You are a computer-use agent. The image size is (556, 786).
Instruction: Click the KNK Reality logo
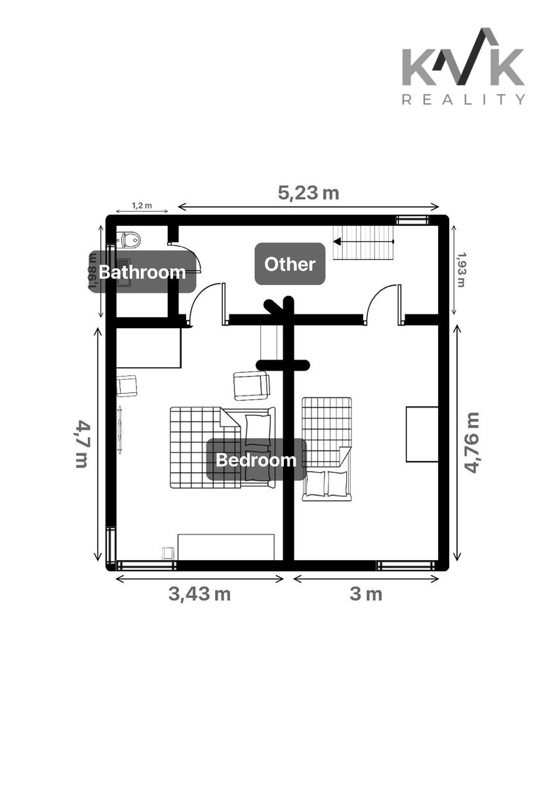tap(464, 66)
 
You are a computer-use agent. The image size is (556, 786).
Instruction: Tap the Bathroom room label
tap(142, 272)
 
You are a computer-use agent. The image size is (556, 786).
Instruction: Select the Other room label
tap(290, 264)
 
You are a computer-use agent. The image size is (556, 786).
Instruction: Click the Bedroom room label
tap(256, 460)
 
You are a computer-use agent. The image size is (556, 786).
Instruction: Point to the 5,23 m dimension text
tap(308, 193)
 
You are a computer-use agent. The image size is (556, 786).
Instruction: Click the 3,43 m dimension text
tap(199, 594)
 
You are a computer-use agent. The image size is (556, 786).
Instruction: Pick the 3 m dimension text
tap(366, 594)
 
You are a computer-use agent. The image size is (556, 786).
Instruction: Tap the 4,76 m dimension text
tap(471, 443)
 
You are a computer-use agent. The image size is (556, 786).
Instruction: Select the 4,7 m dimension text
tap(82, 443)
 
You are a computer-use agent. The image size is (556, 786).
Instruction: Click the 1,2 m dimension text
tap(142, 205)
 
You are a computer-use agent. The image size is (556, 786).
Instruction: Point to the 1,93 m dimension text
tap(461, 269)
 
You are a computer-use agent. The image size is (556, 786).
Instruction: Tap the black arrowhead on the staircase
tap(338, 242)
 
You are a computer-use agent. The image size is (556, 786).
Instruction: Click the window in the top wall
tap(412, 219)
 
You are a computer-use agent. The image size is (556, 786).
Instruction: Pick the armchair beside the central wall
tap(252, 386)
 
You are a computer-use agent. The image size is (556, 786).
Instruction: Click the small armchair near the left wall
tap(127, 386)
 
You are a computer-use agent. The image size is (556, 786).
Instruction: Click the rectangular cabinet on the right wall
tap(422, 434)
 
